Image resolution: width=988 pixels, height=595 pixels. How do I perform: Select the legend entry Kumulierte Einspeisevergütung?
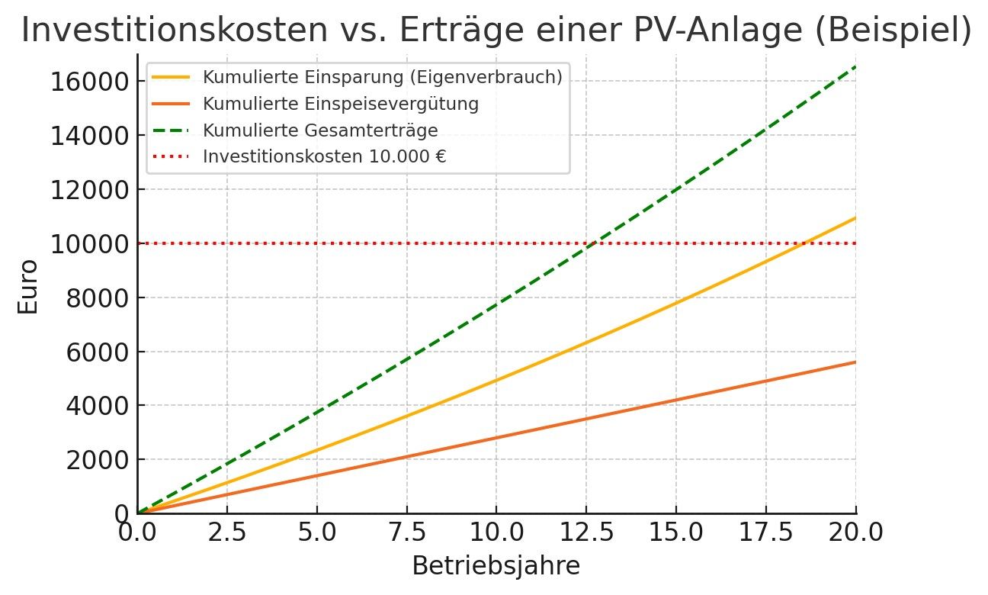pos(340,104)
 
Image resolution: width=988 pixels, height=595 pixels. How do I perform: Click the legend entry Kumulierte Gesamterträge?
pos(320,130)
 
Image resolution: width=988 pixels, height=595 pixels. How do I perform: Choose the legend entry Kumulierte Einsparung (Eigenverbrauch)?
pos(382,77)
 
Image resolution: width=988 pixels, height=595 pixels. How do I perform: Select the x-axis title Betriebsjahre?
pos(496,566)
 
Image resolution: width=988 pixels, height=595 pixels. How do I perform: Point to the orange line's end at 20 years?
pos(855,362)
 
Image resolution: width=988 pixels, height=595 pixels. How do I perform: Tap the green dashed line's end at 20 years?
pos(855,67)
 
